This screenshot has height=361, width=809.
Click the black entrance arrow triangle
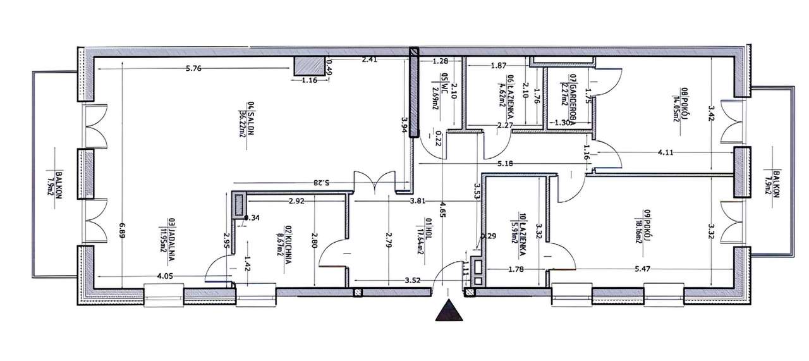(450, 310)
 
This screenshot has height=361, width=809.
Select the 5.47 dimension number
(643, 269)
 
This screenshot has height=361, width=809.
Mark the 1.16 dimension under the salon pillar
(309, 80)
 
